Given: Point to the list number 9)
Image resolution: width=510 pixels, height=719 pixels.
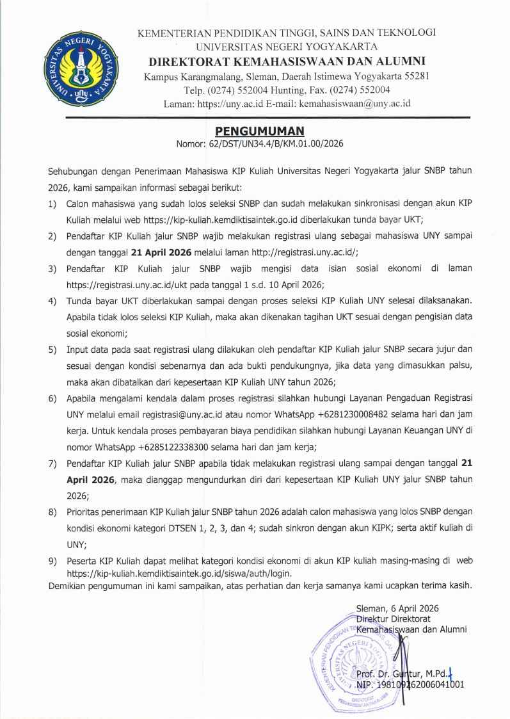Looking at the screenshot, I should pyautogui.click(x=52, y=561).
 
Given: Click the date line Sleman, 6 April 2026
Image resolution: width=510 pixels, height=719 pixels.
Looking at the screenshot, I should pyautogui.click(x=397, y=608).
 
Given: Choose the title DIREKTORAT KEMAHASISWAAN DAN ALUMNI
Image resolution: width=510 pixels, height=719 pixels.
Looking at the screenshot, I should pyautogui.click(x=287, y=61).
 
